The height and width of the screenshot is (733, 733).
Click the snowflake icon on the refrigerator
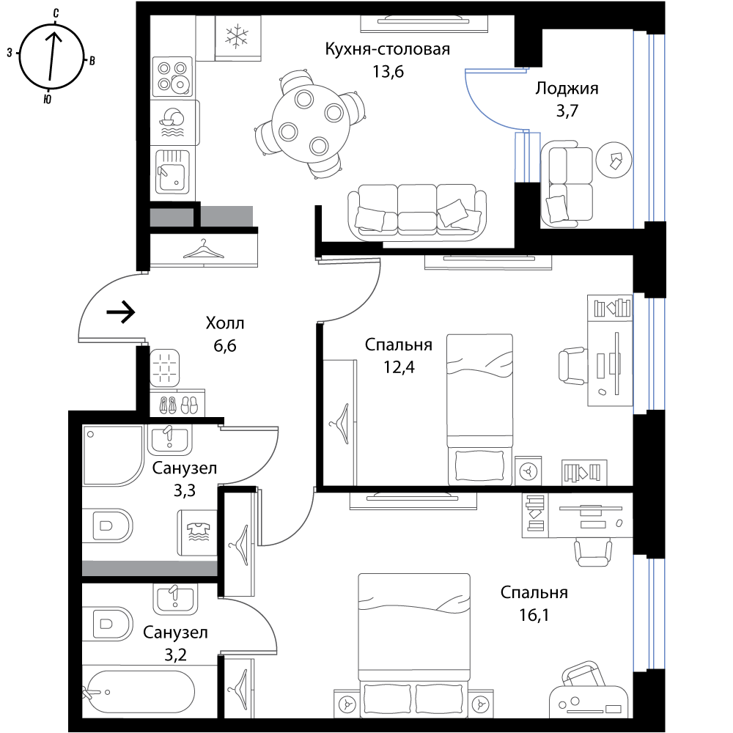(x=237, y=37)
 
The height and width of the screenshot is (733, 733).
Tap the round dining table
(x=311, y=123)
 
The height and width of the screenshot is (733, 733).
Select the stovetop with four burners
(x=172, y=77)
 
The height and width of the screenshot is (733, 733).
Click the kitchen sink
(x=172, y=171)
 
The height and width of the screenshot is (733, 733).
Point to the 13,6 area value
(x=388, y=72)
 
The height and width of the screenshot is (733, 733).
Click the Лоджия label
(x=567, y=89)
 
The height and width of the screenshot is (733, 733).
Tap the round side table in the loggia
(x=614, y=160)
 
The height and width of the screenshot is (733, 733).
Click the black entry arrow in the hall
(x=121, y=312)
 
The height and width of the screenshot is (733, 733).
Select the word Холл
(x=225, y=323)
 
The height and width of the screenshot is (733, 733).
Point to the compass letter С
(x=56, y=13)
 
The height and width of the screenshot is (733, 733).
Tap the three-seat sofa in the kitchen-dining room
(x=417, y=212)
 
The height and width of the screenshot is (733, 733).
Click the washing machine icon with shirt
(x=196, y=532)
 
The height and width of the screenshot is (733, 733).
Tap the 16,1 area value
(x=534, y=615)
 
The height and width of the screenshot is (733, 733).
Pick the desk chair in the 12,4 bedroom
(x=572, y=366)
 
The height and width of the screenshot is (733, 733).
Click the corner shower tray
(x=113, y=455)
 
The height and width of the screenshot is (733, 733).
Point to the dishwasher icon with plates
(x=172, y=122)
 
